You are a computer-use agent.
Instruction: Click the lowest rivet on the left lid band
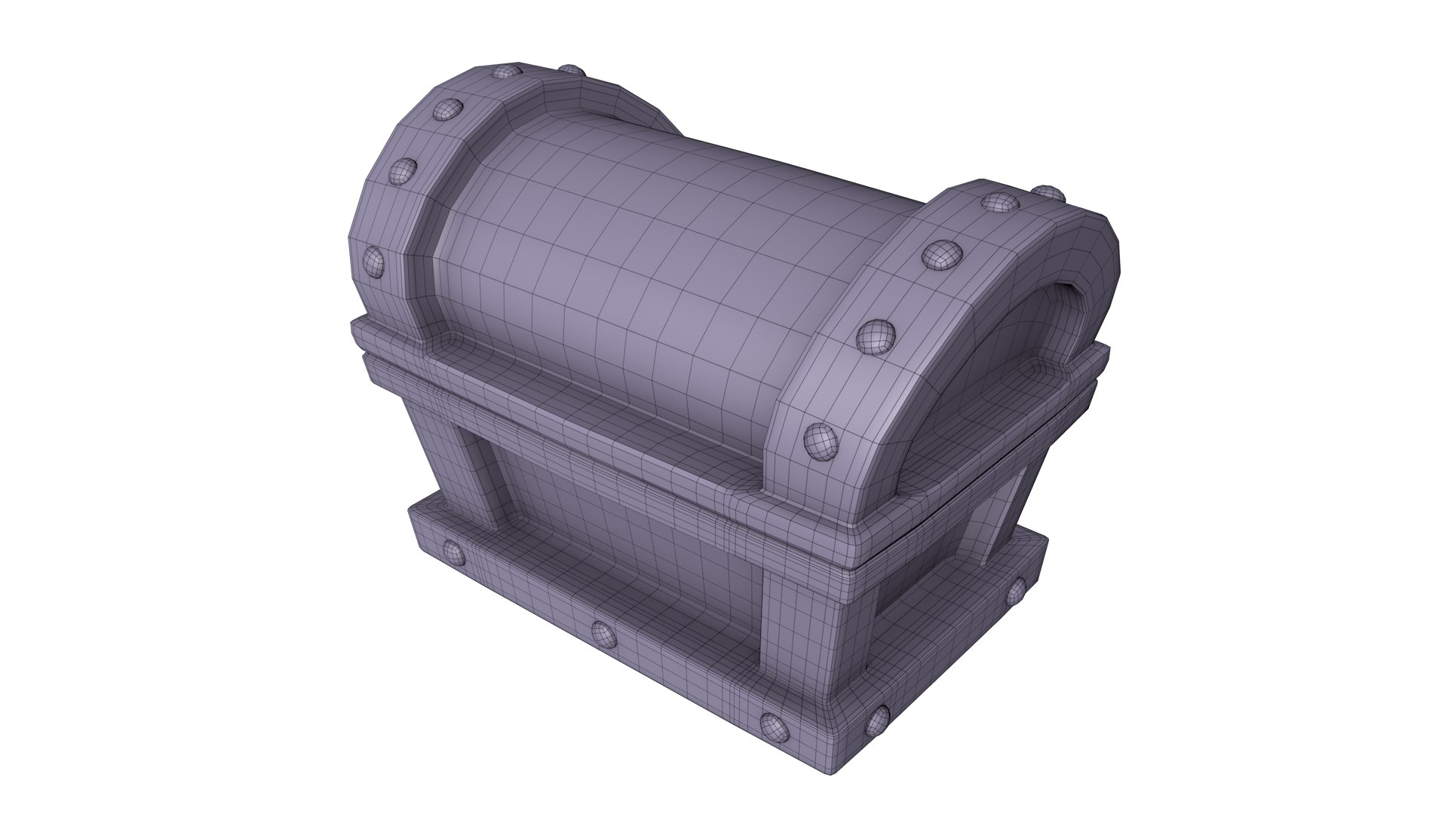(x=373, y=261)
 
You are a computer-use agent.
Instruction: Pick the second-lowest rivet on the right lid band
(x=875, y=336)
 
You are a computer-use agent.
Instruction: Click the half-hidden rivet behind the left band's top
(x=571, y=70)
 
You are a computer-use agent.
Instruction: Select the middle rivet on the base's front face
(x=604, y=635)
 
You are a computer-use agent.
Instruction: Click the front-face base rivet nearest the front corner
(x=773, y=726)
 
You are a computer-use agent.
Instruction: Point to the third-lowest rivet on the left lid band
(x=446, y=109)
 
